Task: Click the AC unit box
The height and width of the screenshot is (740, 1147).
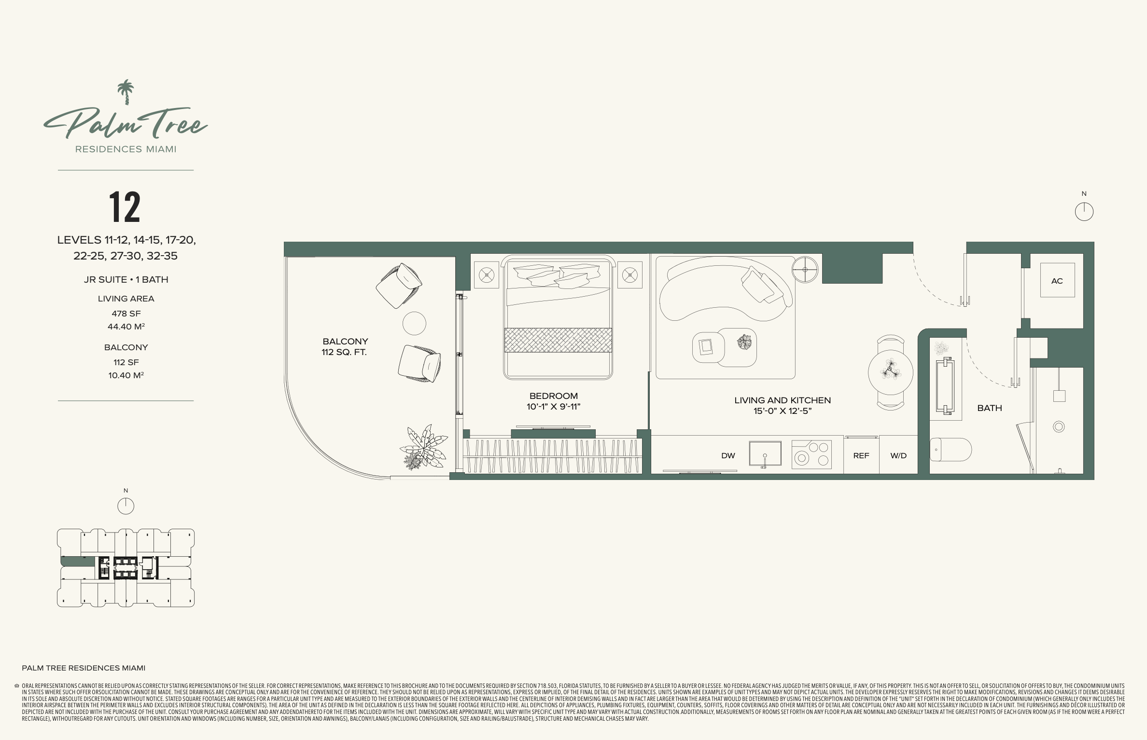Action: pos(1057,280)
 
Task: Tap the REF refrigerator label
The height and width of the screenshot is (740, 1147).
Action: pos(861,455)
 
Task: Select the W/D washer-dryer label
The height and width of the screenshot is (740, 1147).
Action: pos(898,455)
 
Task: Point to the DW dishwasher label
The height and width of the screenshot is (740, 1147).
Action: pos(728,455)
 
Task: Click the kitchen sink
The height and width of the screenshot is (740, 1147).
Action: pos(765,453)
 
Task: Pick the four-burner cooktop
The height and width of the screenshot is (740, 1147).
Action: pos(812,454)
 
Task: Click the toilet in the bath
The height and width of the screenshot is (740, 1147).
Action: pos(951,450)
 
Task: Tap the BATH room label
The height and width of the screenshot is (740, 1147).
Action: pos(990,408)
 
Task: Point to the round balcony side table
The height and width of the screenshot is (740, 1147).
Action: pos(414,323)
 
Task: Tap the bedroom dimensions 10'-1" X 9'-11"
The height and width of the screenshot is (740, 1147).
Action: pos(553,407)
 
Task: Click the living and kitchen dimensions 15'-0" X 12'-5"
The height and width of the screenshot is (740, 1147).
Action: pos(783,411)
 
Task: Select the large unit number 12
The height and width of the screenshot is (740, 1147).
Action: pos(125,207)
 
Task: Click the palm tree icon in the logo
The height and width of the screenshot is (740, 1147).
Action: pos(126,92)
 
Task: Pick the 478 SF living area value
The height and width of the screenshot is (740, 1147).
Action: pos(126,314)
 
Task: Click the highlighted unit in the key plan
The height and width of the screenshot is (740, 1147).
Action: pos(78,562)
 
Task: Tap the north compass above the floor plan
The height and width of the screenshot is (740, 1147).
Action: pos(1084,212)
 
